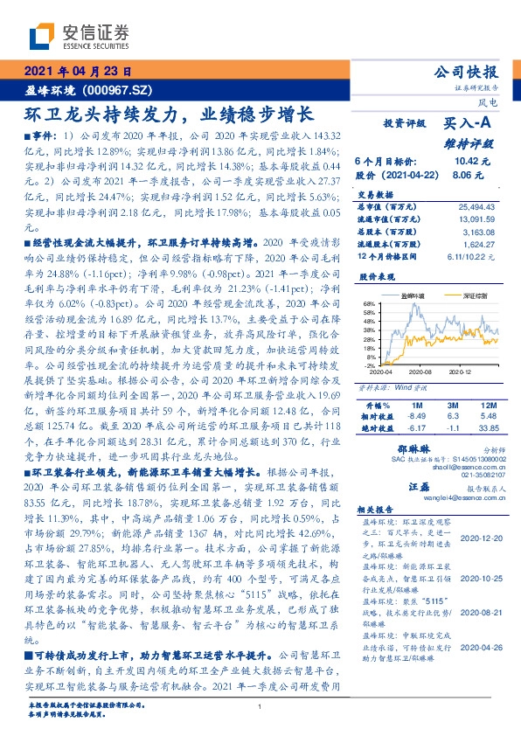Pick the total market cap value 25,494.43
[x=476, y=205]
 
